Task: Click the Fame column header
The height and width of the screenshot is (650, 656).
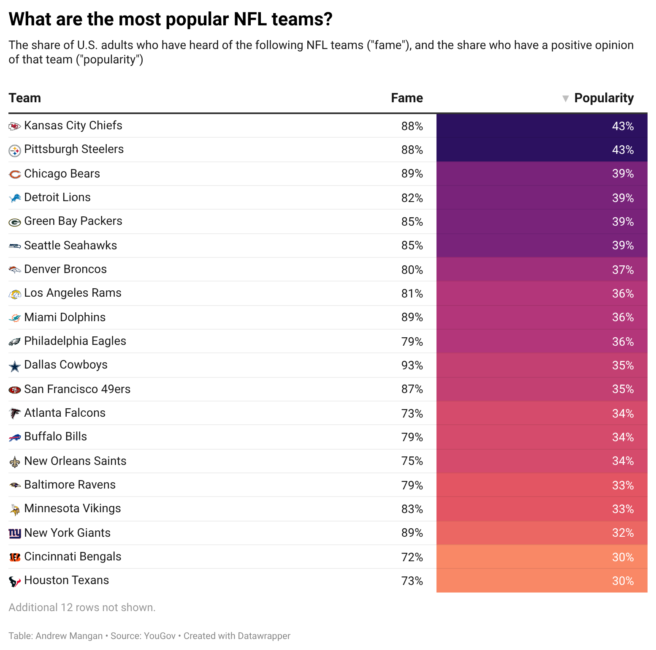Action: pyautogui.click(x=407, y=98)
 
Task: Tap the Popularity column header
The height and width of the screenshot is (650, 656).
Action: pyautogui.click(x=604, y=98)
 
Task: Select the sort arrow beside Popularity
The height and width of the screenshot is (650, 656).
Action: pyautogui.click(x=566, y=98)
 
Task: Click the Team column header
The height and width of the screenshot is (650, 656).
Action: pyautogui.click(x=25, y=98)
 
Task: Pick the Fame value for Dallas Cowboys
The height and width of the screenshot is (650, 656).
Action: pyautogui.click(x=412, y=366)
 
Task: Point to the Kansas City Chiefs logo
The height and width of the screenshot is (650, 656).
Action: pyautogui.click(x=15, y=126)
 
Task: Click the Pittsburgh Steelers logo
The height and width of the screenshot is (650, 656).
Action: pyautogui.click(x=15, y=150)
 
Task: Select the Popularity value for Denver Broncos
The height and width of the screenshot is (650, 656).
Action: pyautogui.click(x=623, y=270)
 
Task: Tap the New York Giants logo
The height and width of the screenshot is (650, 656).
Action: pyautogui.click(x=15, y=533)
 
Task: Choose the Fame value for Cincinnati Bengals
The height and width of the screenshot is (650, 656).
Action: pyautogui.click(x=412, y=557)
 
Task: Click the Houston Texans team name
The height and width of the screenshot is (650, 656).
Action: pyautogui.click(x=67, y=580)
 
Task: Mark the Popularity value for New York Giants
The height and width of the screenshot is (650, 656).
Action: pyautogui.click(x=623, y=533)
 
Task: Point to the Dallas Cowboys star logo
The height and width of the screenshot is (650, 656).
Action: pyautogui.click(x=15, y=366)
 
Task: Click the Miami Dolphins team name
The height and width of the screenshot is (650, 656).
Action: pyautogui.click(x=65, y=317)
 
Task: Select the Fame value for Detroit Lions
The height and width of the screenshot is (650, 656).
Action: pyautogui.click(x=412, y=198)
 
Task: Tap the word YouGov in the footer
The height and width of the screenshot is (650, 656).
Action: pyautogui.click(x=160, y=636)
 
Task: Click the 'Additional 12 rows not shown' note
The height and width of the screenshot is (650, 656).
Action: pyautogui.click(x=82, y=607)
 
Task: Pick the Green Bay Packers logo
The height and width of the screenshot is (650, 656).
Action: pyautogui.click(x=15, y=222)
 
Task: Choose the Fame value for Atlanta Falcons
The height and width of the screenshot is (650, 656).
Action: pyautogui.click(x=412, y=414)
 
